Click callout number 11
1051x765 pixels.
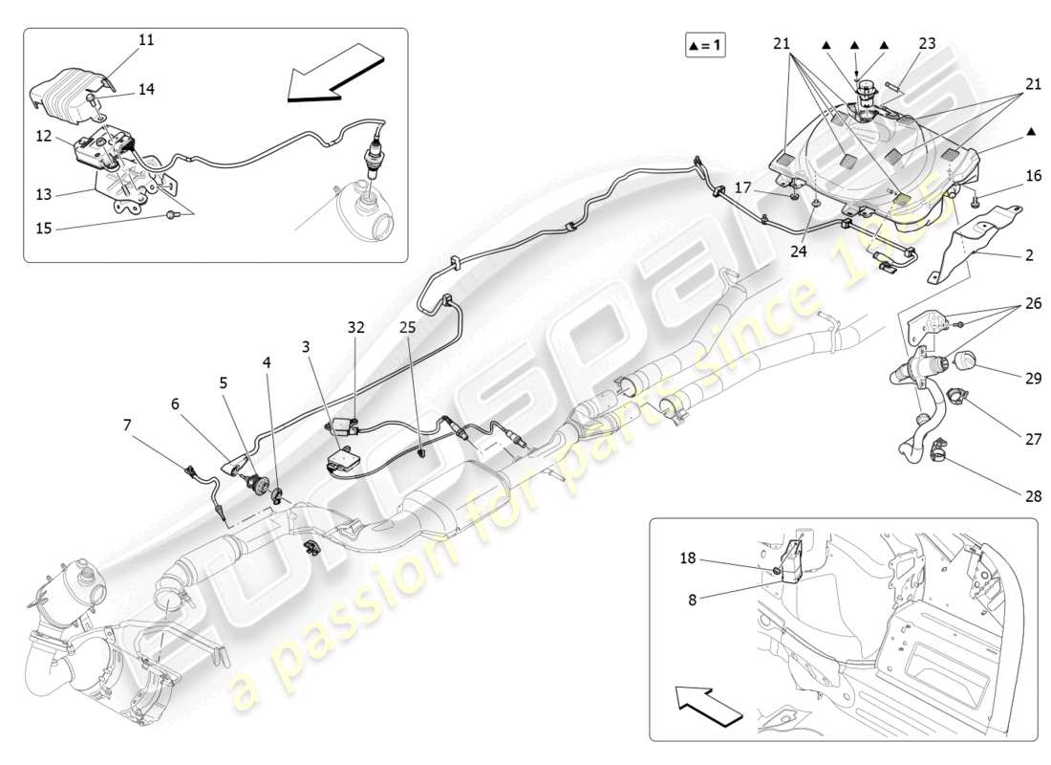[x=145, y=40]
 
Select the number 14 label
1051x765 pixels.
[x=145, y=89]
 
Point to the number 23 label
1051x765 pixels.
[x=928, y=43]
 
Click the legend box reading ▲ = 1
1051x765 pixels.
[x=704, y=46]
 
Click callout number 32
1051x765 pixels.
[x=355, y=327]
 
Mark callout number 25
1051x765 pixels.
[x=408, y=327]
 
